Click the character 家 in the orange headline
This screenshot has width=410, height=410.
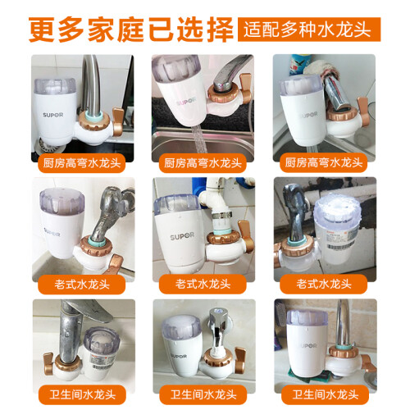tap(101, 30)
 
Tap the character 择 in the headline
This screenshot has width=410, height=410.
tap(220, 30)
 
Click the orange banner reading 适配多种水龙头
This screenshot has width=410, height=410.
tap(309, 30)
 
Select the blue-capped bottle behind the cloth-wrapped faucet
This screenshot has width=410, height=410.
tap(300, 64)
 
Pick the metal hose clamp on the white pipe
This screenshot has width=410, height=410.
tap(221, 216)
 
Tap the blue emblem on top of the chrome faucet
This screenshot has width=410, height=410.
tap(218, 311)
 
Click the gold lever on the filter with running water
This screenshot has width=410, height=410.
tap(245, 89)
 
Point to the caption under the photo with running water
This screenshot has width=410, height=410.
tap(203, 163)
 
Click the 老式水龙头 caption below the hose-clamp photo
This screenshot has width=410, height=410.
tap(203, 285)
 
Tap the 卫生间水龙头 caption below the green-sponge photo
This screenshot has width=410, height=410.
tap(325, 394)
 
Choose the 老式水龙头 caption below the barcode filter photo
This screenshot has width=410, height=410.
tap(323, 285)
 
